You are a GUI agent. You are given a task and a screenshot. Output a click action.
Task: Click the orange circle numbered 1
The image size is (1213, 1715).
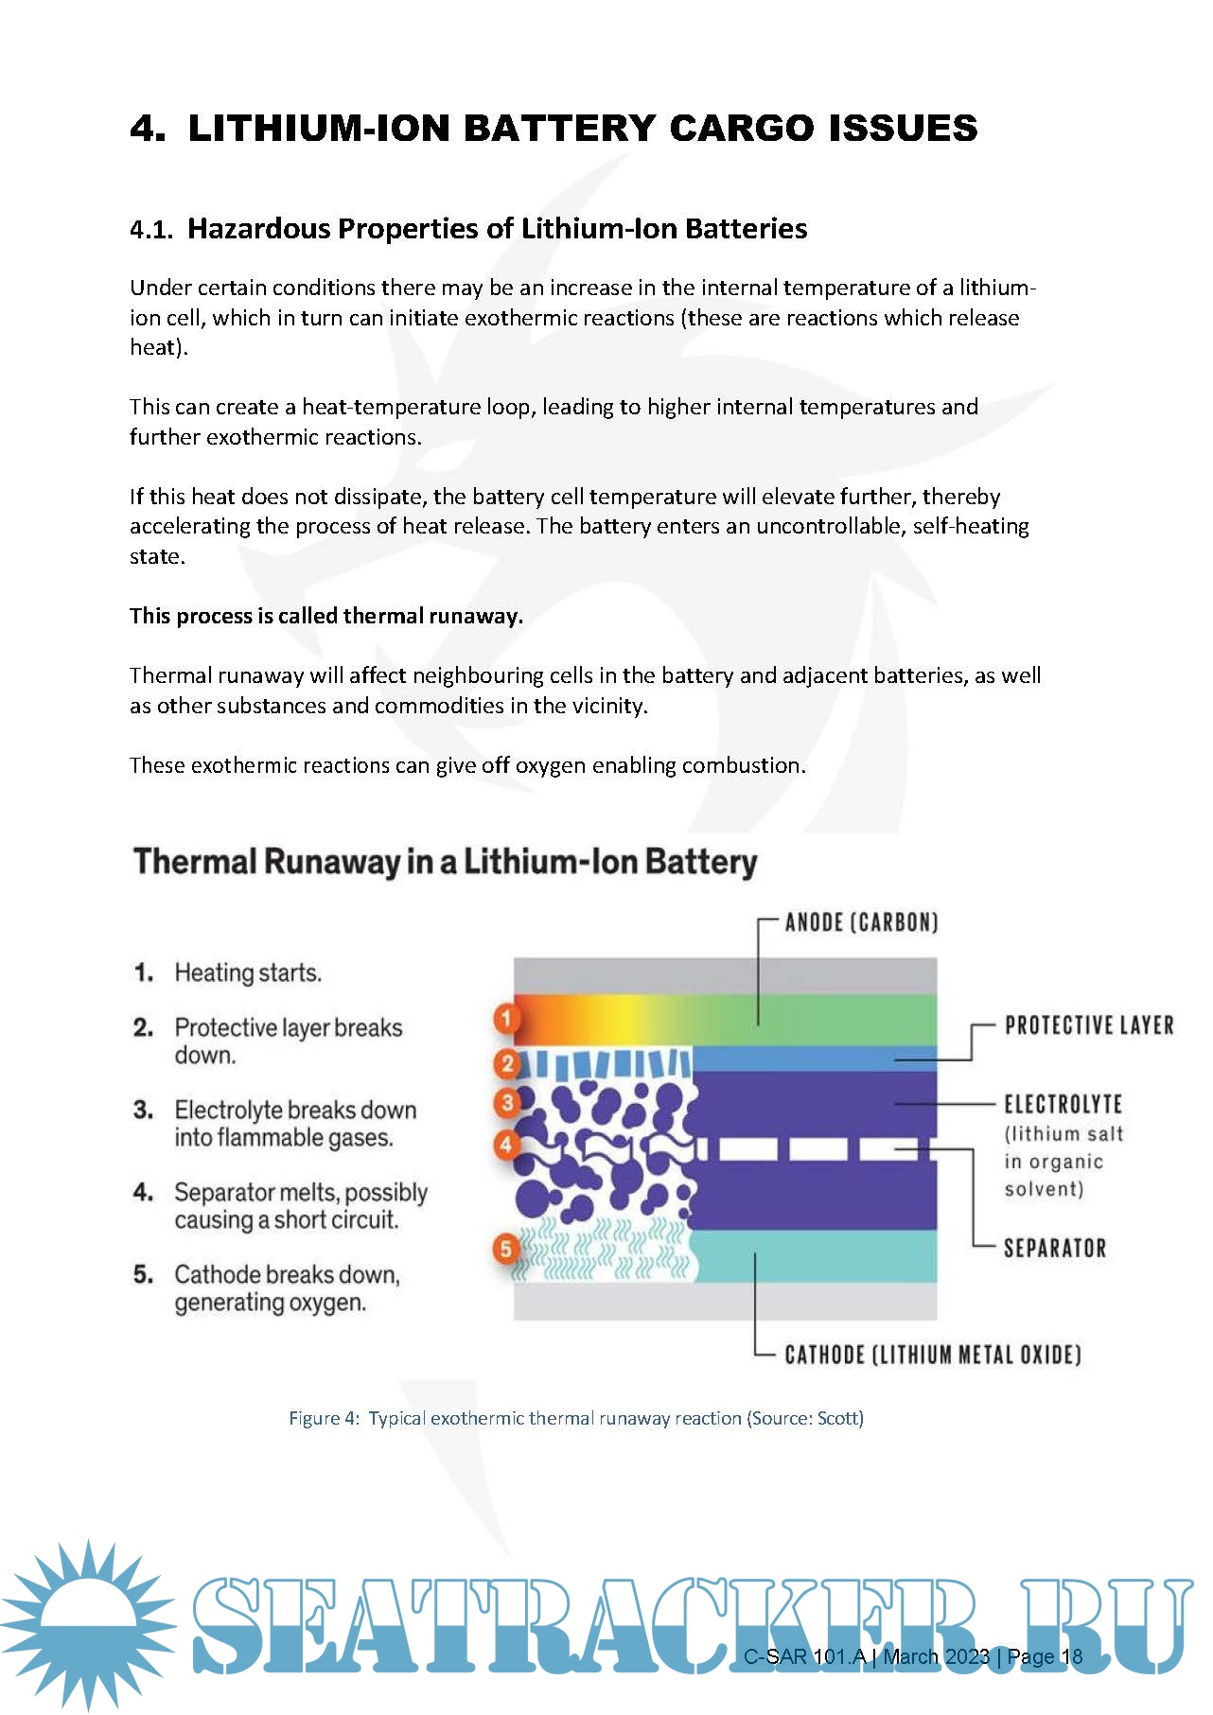[507, 1019]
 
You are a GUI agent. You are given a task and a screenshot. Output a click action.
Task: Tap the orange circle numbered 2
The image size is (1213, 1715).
[507, 1064]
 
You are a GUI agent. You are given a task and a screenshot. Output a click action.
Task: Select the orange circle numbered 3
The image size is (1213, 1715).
[507, 1103]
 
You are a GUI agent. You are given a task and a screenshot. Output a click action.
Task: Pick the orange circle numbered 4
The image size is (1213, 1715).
[507, 1146]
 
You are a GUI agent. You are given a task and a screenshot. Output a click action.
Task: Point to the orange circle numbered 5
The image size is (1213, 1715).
[506, 1249]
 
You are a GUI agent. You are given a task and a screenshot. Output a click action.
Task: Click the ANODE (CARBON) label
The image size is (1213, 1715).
[861, 922]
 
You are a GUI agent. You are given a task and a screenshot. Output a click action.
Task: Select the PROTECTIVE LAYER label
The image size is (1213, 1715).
[1088, 1025]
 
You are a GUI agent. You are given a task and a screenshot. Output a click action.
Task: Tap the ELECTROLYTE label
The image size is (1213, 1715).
[1063, 1104]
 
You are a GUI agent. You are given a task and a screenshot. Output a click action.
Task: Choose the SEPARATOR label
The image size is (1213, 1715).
[1054, 1248]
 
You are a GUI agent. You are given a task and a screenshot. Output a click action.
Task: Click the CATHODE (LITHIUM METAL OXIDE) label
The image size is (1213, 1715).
[932, 1355]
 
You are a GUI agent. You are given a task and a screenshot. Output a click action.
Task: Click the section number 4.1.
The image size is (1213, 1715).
[151, 230]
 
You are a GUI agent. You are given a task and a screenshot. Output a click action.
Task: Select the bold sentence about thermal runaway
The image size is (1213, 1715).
[326, 616]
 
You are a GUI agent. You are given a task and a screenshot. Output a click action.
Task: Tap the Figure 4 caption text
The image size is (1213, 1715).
[575, 1418]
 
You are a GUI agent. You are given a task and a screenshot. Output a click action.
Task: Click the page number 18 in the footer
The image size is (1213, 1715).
[1071, 1656]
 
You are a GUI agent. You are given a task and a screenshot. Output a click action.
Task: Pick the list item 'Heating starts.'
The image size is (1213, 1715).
[248, 972]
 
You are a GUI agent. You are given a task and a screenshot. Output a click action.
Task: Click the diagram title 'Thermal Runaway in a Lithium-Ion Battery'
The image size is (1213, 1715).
[445, 862]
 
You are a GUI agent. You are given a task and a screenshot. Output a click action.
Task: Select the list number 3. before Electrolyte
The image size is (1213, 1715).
[143, 1110]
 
